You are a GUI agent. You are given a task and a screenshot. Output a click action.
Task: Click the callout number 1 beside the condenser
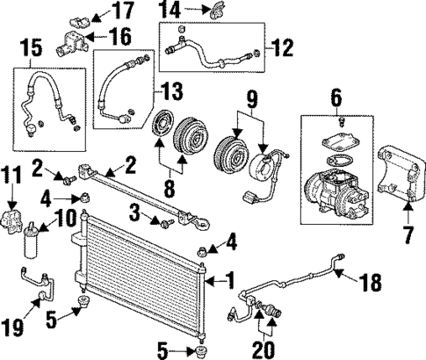point(231,282)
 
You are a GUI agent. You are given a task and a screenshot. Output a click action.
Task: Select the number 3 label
point(134,212)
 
